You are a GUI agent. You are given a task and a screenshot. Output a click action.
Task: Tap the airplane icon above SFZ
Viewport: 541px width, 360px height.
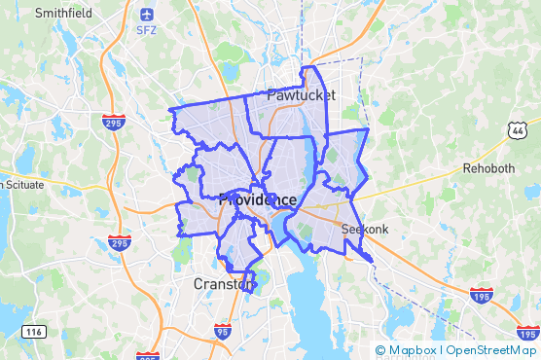pyautogui.click(x=147, y=15)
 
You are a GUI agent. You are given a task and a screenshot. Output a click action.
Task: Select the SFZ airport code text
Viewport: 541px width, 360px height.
pyautogui.click(x=147, y=30)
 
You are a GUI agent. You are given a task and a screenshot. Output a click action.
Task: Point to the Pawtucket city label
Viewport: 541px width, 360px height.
pyautogui.click(x=302, y=95)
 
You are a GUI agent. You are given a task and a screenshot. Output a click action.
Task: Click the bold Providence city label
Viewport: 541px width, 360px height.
pyautogui.click(x=257, y=199)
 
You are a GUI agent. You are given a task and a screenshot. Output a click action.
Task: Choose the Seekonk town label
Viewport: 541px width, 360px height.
pyautogui.click(x=365, y=229)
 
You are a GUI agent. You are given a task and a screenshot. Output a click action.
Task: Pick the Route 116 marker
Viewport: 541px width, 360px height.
pyautogui.click(x=36, y=333)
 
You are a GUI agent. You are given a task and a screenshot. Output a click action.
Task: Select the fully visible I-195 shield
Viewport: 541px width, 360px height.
pyautogui.click(x=480, y=292)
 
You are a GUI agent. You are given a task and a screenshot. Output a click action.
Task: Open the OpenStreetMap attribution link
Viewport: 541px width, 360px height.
pyautogui.click(x=492, y=350)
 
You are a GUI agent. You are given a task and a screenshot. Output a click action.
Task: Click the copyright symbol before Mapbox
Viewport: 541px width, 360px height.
pyautogui.click(x=380, y=350)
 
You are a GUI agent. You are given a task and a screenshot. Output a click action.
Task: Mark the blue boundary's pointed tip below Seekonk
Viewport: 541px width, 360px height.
pyautogui.click(x=373, y=259)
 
